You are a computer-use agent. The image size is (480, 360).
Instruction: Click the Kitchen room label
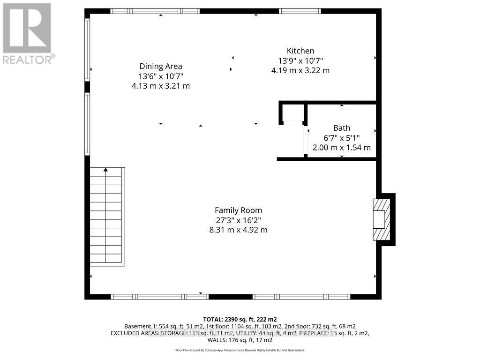(300, 51)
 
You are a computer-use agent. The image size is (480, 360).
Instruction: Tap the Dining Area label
(161, 66)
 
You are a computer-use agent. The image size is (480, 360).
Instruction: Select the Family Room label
(238, 210)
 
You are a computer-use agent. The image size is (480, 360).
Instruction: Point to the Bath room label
(341, 127)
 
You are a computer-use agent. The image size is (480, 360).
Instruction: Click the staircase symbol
(107, 217)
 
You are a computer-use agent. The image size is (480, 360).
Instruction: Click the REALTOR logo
(27, 33)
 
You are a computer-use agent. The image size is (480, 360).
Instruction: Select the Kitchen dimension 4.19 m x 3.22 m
(300, 70)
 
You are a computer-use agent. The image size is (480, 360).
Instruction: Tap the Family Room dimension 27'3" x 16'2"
(238, 220)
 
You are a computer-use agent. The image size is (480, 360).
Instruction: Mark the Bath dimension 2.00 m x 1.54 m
(341, 147)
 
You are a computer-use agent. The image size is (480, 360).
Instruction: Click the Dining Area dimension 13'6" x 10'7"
(161, 76)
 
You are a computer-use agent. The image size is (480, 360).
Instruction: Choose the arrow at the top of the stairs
(106, 170)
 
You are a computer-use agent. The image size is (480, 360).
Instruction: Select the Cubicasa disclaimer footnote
(240, 350)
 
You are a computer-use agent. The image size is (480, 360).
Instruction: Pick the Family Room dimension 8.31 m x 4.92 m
(238, 230)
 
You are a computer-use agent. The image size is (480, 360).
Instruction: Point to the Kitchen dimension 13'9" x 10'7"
(300, 60)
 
